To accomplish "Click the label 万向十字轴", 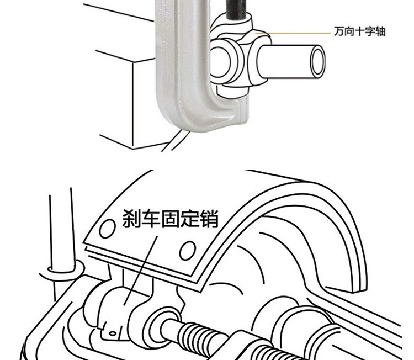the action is [359, 31].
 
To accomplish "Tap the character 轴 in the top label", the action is [380, 31].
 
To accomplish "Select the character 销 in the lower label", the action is [209, 220].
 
